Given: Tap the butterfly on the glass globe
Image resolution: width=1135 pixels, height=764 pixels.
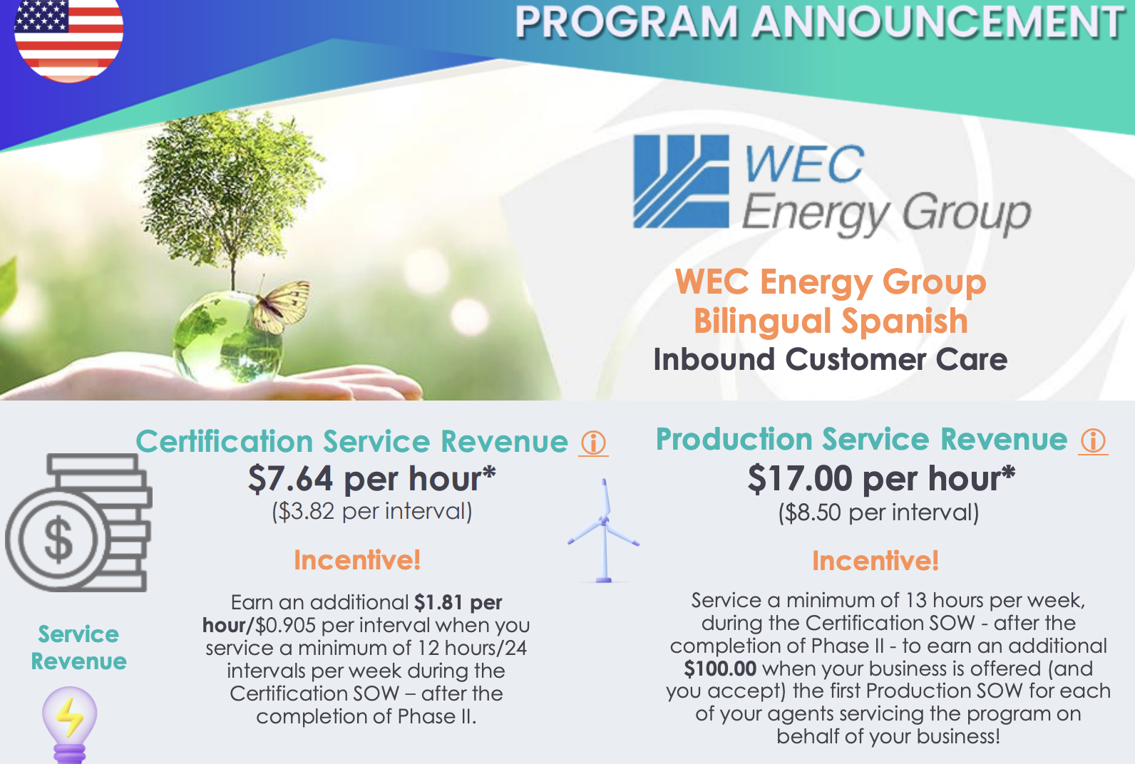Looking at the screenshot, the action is (x=282, y=306).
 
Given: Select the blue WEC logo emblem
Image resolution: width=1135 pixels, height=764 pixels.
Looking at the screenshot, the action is (x=681, y=181).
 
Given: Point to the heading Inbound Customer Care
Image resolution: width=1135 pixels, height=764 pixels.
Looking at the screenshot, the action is (x=831, y=360).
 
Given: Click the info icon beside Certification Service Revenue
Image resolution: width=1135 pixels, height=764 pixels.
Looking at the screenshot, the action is (x=593, y=443).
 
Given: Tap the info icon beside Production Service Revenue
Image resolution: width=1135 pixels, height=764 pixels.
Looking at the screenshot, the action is (x=1094, y=440).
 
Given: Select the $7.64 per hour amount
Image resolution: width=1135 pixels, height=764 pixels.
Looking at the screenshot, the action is (x=371, y=479).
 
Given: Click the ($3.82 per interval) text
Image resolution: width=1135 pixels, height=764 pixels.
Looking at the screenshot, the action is (x=372, y=511).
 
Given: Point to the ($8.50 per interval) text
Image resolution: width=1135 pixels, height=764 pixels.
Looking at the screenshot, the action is (x=878, y=512).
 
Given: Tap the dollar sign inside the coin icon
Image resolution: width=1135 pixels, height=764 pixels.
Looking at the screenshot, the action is (x=58, y=539).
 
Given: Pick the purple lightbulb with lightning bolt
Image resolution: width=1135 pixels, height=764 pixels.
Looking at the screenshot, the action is (x=69, y=725).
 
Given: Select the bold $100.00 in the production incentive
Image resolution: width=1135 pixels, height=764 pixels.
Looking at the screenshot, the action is (x=720, y=668).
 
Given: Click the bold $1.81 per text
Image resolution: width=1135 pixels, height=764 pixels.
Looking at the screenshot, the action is (x=458, y=602).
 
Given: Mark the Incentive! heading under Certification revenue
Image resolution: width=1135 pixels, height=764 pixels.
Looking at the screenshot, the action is (x=357, y=560).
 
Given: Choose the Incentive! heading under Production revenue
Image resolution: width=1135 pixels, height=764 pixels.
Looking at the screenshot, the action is (x=875, y=561).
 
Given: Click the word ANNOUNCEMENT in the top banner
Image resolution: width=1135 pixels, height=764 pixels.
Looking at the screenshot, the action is (x=938, y=22).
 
